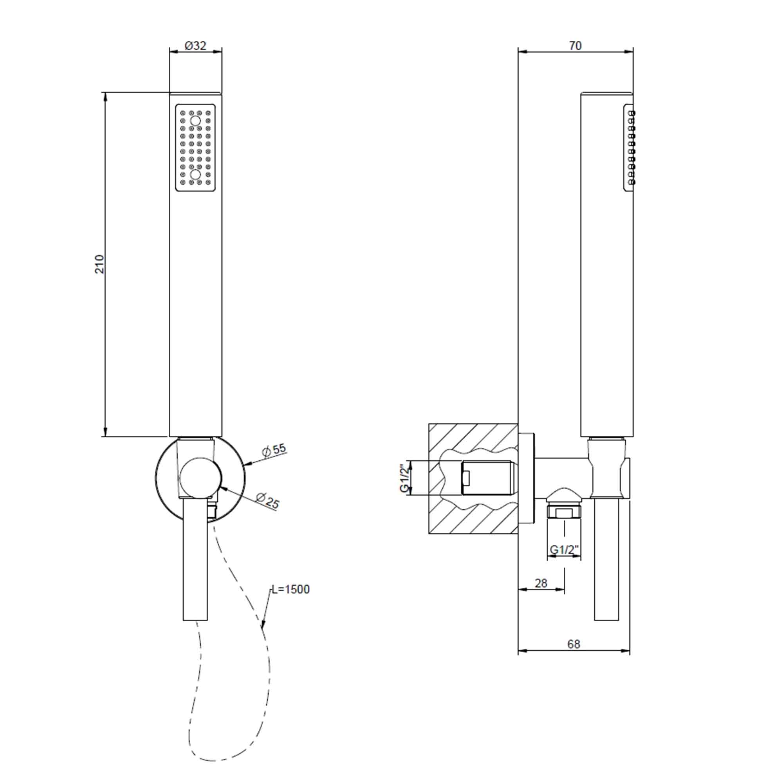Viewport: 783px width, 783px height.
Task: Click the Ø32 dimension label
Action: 196,46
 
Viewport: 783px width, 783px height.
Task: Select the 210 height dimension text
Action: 100,264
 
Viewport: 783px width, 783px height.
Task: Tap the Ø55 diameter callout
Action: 274,450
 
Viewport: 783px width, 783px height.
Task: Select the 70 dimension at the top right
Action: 575,46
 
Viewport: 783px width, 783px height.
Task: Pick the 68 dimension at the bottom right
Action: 574,644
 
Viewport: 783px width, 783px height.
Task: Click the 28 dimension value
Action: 541,583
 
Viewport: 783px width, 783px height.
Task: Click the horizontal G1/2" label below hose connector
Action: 565,550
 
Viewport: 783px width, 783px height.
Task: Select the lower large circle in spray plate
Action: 195,174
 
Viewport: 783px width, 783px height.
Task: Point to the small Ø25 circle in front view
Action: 200,478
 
